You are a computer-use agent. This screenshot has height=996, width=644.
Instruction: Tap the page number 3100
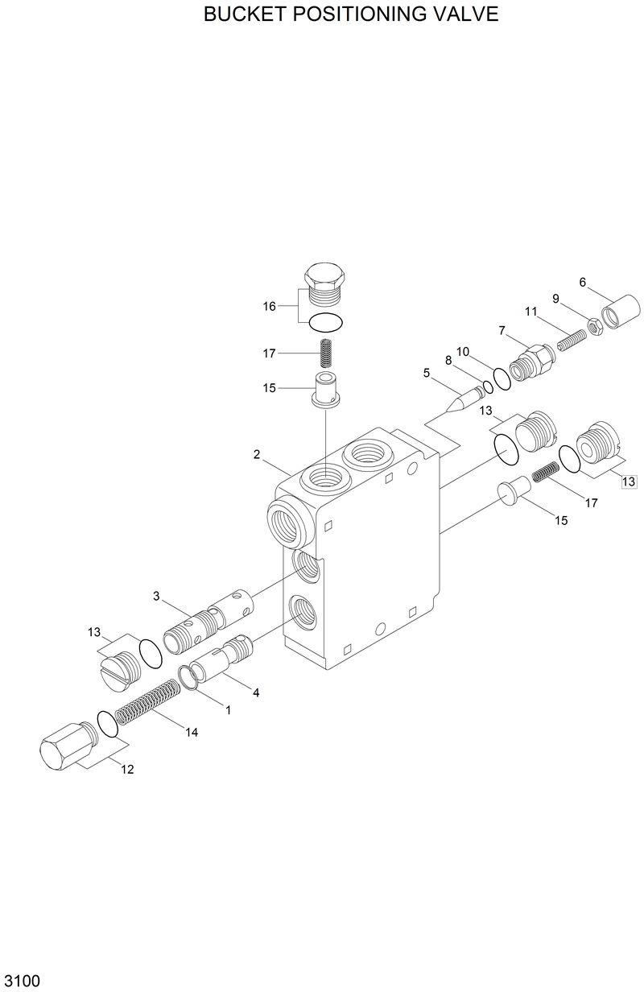tap(23, 982)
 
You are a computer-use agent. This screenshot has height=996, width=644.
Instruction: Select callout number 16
tap(270, 306)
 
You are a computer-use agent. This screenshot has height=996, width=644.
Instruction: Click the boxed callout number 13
tap(628, 481)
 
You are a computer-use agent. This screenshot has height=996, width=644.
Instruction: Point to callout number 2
tap(256, 455)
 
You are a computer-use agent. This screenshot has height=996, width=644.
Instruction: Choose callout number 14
tap(191, 732)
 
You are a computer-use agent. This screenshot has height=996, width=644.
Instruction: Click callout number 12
tap(127, 769)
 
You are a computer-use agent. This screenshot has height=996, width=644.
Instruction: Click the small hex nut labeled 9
tap(591, 325)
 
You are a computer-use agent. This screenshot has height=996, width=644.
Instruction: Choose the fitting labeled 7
tap(532, 358)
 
